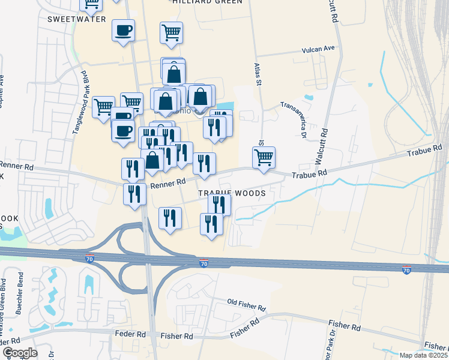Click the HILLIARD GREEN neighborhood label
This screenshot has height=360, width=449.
tap(207, 2)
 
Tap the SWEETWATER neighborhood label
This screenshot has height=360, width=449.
tap(76, 19)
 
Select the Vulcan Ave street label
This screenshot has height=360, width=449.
tap(320, 48)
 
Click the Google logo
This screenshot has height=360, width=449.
tap(19, 353)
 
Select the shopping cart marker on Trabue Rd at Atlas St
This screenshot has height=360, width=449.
tap(264, 158)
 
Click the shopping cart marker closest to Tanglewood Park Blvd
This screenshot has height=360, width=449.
tap(103, 107)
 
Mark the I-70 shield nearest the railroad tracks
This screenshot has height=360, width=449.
tap(407, 271)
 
